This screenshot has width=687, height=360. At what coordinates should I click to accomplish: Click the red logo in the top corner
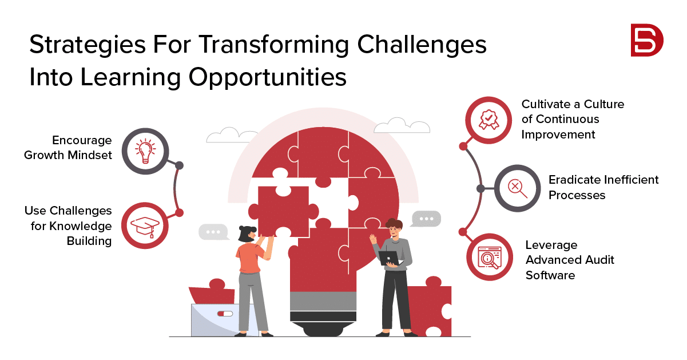point(646,41)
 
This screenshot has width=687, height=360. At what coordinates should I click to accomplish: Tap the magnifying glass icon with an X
point(517,188)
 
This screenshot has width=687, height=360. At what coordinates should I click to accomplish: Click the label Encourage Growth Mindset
point(68,148)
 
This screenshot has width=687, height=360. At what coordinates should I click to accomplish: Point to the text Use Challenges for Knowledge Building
point(68,226)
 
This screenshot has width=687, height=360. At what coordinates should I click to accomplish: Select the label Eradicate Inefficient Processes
point(603,187)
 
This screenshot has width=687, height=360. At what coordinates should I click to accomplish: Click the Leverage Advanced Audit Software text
point(569,260)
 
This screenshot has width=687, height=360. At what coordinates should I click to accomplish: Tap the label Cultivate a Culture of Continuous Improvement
point(573,119)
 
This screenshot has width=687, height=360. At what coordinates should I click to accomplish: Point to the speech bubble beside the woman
point(213,232)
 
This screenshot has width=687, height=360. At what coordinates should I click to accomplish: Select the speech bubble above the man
point(426,219)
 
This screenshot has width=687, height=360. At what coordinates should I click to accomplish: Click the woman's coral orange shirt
point(250,258)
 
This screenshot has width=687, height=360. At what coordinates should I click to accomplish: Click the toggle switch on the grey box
point(225,314)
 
